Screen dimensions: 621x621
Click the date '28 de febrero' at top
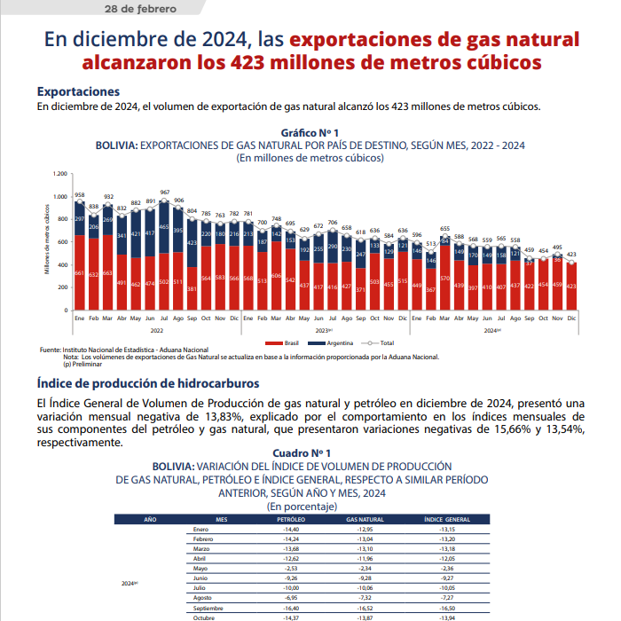[x=143, y=9]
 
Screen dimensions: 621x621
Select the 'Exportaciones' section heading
[x=78, y=91]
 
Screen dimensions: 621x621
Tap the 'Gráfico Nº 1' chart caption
[x=310, y=131]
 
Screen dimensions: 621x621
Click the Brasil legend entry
[x=287, y=342]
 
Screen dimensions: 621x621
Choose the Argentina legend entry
[x=338, y=342]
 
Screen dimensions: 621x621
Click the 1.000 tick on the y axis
[x=59, y=197]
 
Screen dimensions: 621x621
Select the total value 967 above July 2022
[x=165, y=192]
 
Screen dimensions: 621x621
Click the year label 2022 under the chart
[x=156, y=329]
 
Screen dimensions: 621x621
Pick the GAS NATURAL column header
[x=365, y=518]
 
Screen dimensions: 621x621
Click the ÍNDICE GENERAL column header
[x=446, y=518]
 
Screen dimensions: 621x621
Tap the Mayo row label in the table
[x=200, y=569]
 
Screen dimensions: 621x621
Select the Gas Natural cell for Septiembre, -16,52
[x=365, y=608]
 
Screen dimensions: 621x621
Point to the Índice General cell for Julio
[x=446, y=588]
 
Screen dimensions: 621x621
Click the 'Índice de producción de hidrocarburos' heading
[x=148, y=383]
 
